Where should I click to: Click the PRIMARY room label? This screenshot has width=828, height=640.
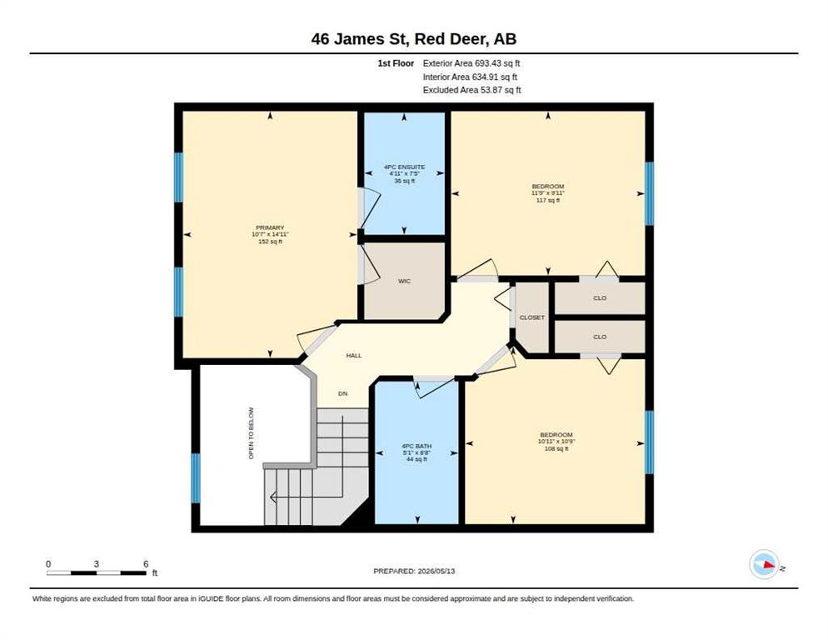tap(270, 227)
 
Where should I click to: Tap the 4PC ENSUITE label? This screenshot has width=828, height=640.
tap(405, 167)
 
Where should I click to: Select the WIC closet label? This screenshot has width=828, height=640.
tap(405, 281)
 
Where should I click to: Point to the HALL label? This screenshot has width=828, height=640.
tap(354, 356)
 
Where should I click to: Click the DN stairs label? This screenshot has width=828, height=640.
tap(342, 393)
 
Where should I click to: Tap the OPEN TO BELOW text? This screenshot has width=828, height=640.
tap(252, 432)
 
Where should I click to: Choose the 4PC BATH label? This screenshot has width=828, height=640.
tap(416, 446)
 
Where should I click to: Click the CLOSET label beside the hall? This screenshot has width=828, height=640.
tap(531, 317)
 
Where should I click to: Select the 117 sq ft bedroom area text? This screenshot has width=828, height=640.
tap(548, 200)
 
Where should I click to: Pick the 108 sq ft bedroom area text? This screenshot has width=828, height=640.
tap(556, 448)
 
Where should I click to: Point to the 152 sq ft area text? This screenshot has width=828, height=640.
tap(271, 242)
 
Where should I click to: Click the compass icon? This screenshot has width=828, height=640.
tap(765, 564)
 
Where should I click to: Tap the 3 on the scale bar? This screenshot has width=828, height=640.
tap(96, 564)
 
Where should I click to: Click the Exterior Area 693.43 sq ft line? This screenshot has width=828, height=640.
tap(471, 63)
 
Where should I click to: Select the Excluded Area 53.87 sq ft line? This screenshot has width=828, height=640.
tap(472, 90)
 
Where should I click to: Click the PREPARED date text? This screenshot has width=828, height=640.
tap(414, 572)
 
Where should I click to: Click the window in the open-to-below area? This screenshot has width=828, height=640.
tap(196, 478)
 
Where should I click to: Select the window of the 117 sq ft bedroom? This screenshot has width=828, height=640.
tap(650, 193)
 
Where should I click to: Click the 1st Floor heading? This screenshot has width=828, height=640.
tap(396, 63)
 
